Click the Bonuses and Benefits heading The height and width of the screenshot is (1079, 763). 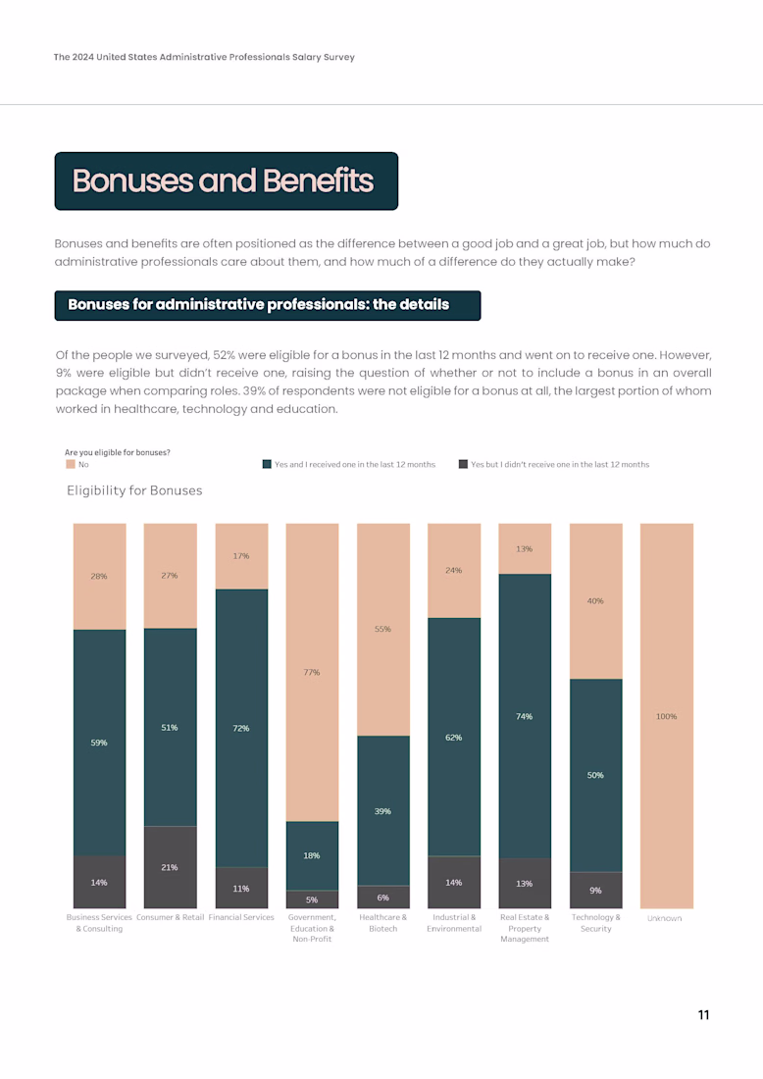pyautogui.click(x=223, y=181)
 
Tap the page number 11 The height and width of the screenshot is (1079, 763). pyautogui.click(x=703, y=1015)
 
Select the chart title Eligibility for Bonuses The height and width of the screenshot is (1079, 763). pyautogui.click(x=134, y=490)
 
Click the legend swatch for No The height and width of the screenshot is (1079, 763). pyautogui.click(x=71, y=465)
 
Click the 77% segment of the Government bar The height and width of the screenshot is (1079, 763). pyautogui.click(x=312, y=672)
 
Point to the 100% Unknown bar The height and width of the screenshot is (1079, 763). pyautogui.click(x=666, y=716)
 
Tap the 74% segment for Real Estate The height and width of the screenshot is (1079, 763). pyautogui.click(x=525, y=716)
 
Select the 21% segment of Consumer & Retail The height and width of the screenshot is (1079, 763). pyautogui.click(x=170, y=867)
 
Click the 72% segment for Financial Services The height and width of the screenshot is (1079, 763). pyautogui.click(x=241, y=728)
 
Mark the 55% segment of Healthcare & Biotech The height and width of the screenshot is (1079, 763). pyautogui.click(x=382, y=629)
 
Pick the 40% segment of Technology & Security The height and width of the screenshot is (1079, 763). pyautogui.click(x=595, y=600)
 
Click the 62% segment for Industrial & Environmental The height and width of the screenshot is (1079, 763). pyautogui.click(x=454, y=737)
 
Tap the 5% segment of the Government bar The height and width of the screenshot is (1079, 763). pyautogui.click(x=312, y=899)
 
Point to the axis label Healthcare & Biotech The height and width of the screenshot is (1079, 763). pyautogui.click(x=382, y=923)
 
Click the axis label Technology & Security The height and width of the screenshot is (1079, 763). pyautogui.click(x=595, y=923)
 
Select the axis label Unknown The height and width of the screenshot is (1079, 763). pyautogui.click(x=665, y=918)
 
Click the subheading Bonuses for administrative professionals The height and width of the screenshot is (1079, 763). pyautogui.click(x=258, y=305)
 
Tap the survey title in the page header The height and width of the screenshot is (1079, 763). pyautogui.click(x=204, y=57)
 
